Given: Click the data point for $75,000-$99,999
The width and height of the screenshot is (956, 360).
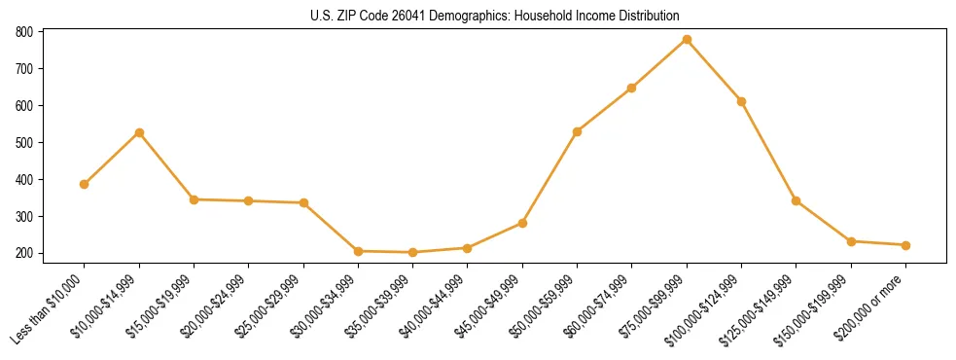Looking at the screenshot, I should coord(687,40).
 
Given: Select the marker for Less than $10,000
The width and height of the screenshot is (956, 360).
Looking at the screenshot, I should coord(85,184).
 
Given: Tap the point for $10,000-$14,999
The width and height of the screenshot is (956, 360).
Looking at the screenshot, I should coord(139,132).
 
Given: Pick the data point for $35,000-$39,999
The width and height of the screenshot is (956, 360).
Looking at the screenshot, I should coord(413,253).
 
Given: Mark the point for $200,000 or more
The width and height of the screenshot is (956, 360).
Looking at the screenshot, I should coord(905,245).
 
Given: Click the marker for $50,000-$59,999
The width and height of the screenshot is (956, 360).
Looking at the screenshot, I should coord(578,131).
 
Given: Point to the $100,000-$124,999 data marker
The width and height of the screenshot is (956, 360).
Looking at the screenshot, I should coord(741,101).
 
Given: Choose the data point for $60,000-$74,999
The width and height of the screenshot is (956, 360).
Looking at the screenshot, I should coord(632,88).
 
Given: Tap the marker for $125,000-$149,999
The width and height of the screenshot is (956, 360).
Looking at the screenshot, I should coord(797,201).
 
